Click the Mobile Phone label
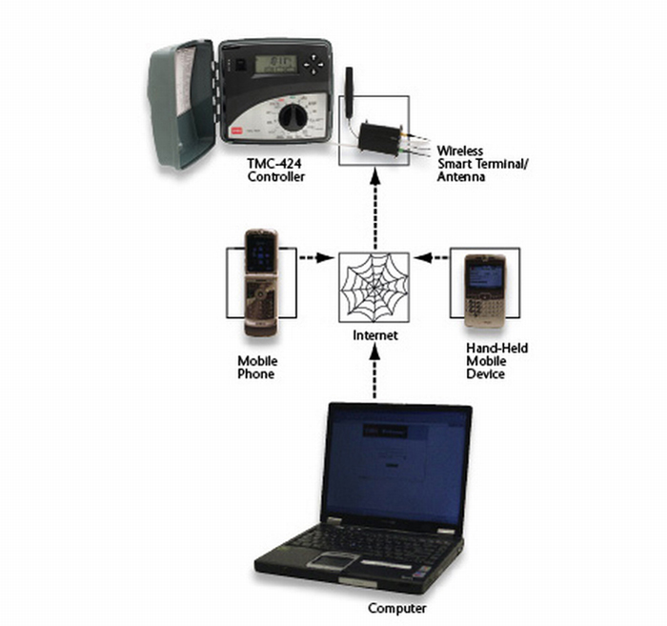(x=257, y=367)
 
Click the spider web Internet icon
(x=374, y=285)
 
